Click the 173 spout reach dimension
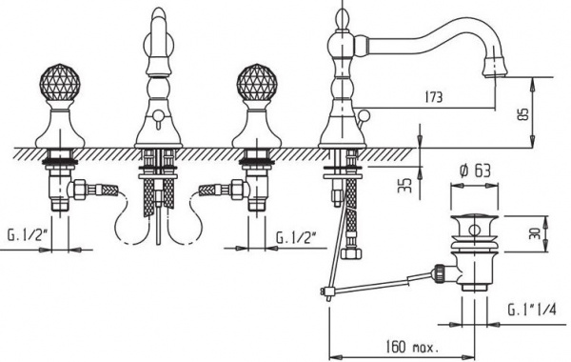(433, 97)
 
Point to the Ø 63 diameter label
(475, 171)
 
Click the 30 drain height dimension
(533, 233)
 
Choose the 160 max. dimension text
(412, 347)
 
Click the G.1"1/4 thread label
(532, 310)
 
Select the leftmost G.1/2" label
(28, 235)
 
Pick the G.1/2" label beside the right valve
(296, 238)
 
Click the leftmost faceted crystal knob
(59, 83)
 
